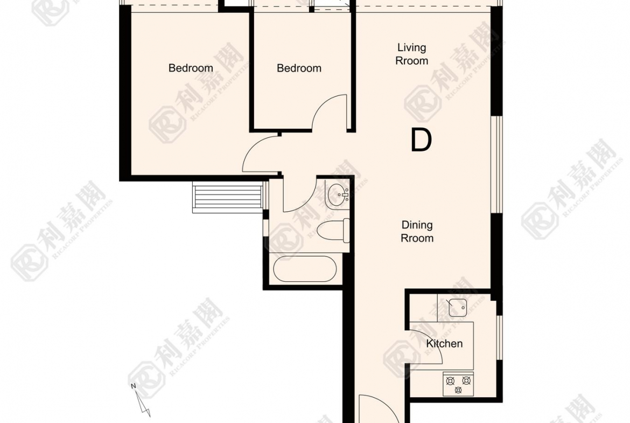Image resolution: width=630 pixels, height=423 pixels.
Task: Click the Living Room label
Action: point(412,54)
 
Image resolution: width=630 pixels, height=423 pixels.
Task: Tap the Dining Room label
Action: point(417,232)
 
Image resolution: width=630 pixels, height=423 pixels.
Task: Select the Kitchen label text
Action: point(444,344)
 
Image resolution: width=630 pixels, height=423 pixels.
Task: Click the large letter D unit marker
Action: point(421,140)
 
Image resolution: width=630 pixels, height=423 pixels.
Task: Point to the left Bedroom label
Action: point(191,68)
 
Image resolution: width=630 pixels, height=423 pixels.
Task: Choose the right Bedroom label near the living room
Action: point(299,68)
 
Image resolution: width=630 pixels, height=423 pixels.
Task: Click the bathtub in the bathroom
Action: point(305,269)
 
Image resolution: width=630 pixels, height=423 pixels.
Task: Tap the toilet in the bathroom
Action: point(333,231)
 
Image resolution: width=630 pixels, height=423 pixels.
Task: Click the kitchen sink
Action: point(457,308)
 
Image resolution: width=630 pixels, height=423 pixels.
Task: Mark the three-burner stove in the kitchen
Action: point(458,384)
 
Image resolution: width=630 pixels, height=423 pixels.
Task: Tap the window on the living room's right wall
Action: point(496,164)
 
